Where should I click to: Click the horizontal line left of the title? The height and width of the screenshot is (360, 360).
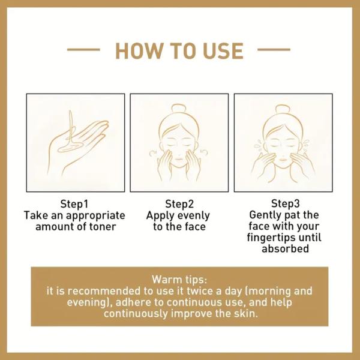(83, 49)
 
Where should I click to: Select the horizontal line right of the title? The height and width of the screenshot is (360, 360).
(274, 49)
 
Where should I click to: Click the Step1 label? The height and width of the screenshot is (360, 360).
(74, 203)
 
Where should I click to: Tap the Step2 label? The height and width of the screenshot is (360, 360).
(179, 203)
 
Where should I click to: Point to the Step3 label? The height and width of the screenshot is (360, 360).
(286, 203)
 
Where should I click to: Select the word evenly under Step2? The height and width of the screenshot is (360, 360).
(194, 215)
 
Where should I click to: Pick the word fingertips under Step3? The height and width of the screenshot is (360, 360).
(271, 238)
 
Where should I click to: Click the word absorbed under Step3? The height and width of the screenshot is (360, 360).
(285, 248)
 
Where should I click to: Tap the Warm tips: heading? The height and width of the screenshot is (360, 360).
(179, 280)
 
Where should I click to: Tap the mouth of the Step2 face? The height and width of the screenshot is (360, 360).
(178, 160)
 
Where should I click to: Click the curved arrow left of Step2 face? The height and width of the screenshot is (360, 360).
(153, 153)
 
